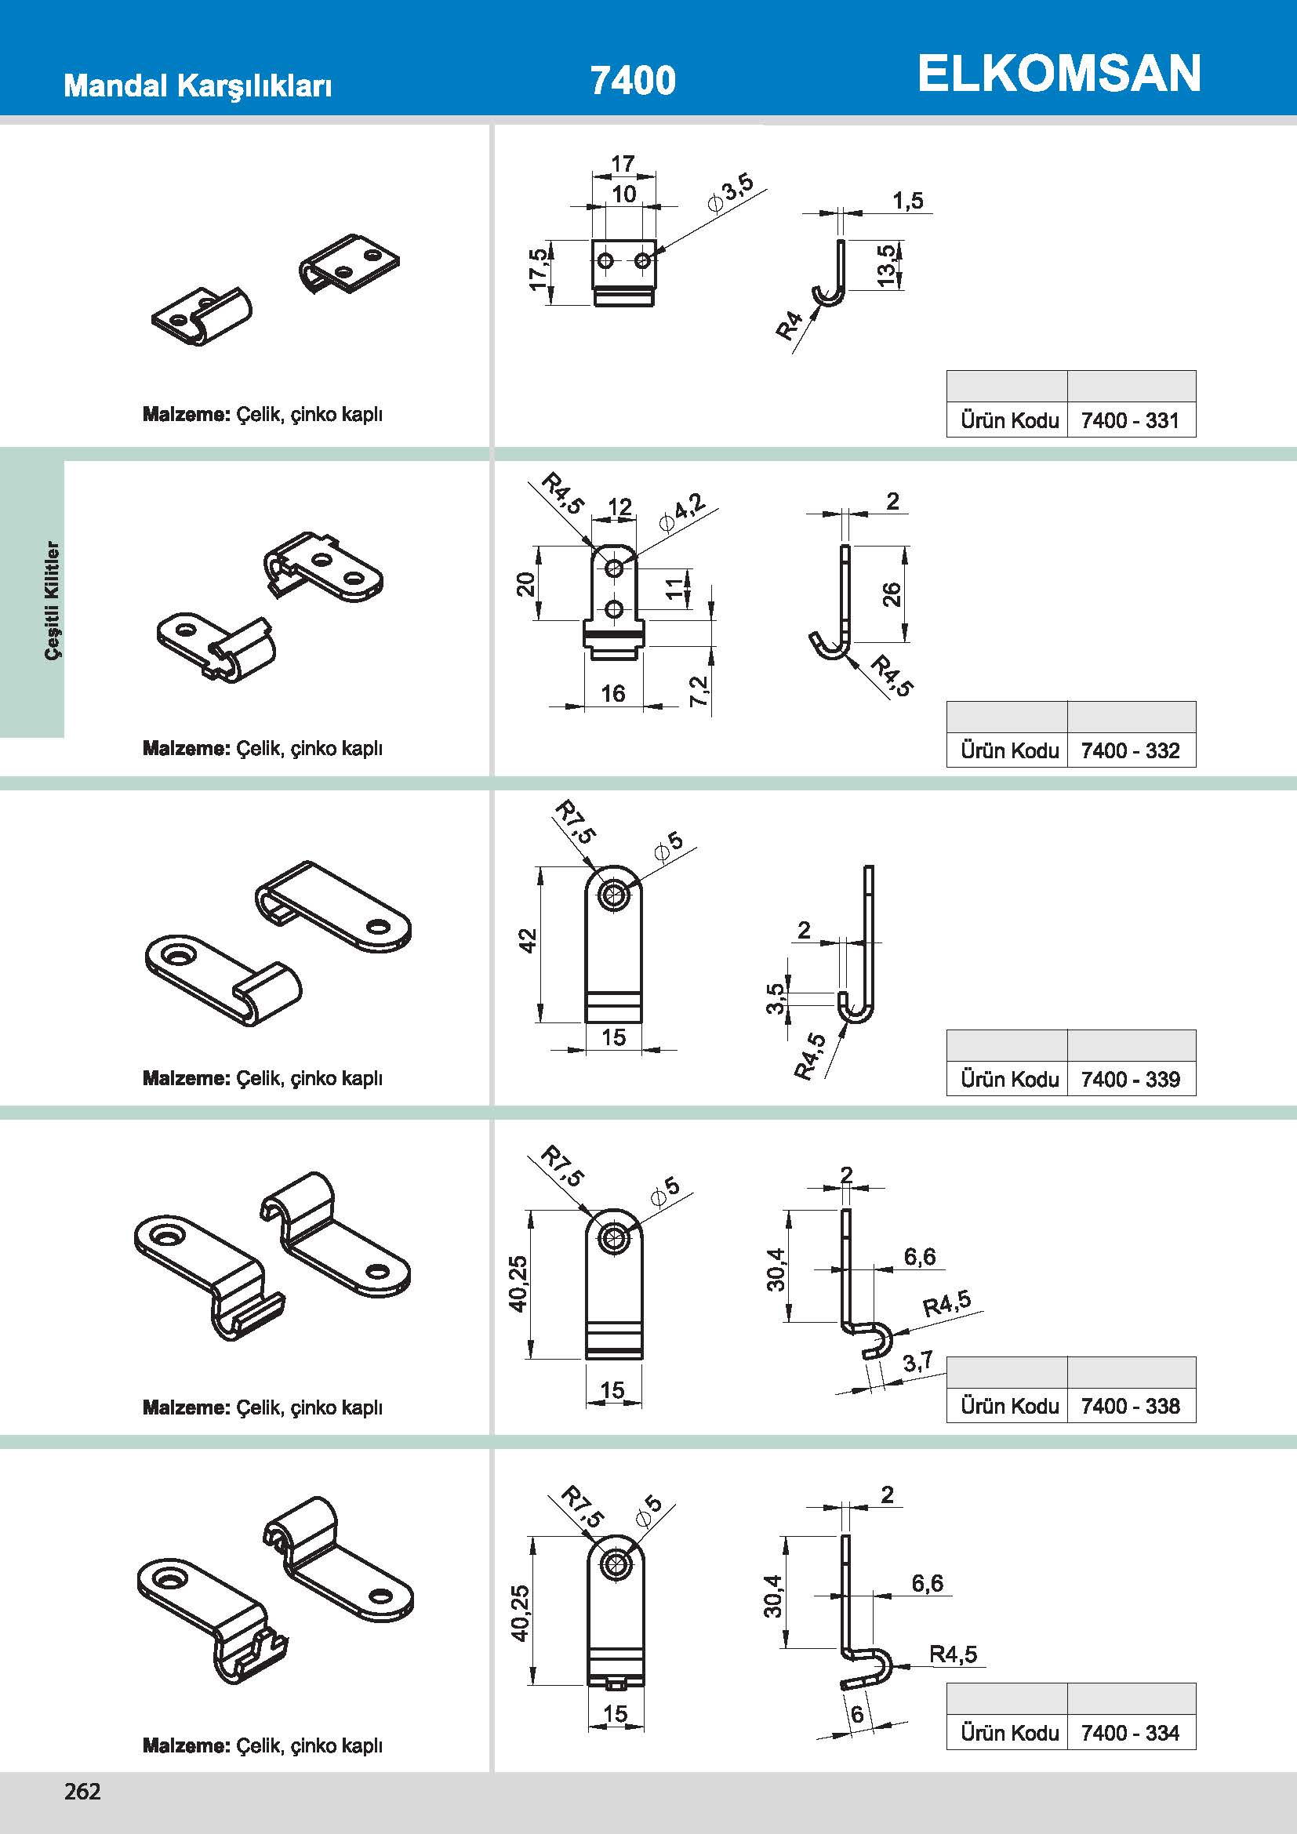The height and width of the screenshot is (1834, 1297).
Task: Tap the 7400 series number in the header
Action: click(x=633, y=80)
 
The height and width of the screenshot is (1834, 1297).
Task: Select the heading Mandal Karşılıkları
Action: click(x=198, y=85)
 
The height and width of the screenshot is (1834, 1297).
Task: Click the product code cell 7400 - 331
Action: click(x=1130, y=420)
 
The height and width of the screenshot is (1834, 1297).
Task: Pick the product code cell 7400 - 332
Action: click(x=1130, y=751)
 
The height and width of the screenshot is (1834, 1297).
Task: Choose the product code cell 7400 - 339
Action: click(x=1130, y=1079)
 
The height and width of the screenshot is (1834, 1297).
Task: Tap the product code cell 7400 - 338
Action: click(x=1130, y=1406)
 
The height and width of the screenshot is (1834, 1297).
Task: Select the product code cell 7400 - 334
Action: click(x=1130, y=1733)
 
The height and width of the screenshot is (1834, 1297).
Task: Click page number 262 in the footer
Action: click(x=82, y=1792)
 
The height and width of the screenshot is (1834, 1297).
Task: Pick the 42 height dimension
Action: click(x=528, y=941)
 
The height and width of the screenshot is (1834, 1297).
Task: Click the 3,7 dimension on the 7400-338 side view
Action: click(x=918, y=1362)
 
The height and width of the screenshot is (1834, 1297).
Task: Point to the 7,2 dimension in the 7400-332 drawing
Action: click(x=698, y=691)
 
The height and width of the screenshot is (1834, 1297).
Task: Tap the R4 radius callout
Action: click(x=789, y=325)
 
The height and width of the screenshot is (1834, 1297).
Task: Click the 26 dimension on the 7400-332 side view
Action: click(x=892, y=594)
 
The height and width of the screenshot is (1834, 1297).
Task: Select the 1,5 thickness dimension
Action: click(x=908, y=201)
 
